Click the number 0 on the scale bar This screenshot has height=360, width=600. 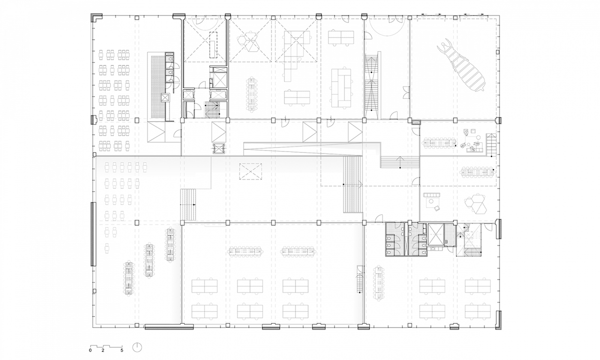pyautogui.click(x=90, y=350)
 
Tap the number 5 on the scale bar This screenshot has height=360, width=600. pyautogui.click(x=121, y=350)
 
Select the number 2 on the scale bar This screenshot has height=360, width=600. pyautogui.click(x=103, y=350)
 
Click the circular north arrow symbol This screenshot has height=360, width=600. pyautogui.click(x=137, y=347)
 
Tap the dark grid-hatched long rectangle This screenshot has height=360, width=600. pyautogui.click(x=158, y=86)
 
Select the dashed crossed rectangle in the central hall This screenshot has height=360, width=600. pyautogui.click(x=250, y=171)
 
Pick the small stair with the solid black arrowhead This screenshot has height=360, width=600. pyautogui.click(x=188, y=204)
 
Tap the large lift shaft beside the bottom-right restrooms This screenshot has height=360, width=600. pyautogui.click(x=436, y=234)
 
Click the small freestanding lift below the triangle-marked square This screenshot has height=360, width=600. pyautogui.click(x=219, y=148)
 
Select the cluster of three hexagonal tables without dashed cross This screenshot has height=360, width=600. pyautogui.click(x=475, y=205)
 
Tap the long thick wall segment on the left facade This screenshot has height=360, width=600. pyautogui.click(x=93, y=234)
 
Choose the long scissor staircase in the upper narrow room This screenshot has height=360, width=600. pyautogui.click(x=372, y=85)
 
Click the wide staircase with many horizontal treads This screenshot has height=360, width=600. pyautogui.click(x=353, y=184)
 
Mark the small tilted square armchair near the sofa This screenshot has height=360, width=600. pyautogui.click(x=436, y=208)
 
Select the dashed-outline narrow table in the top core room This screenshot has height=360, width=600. pyautogui.click(x=213, y=45)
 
